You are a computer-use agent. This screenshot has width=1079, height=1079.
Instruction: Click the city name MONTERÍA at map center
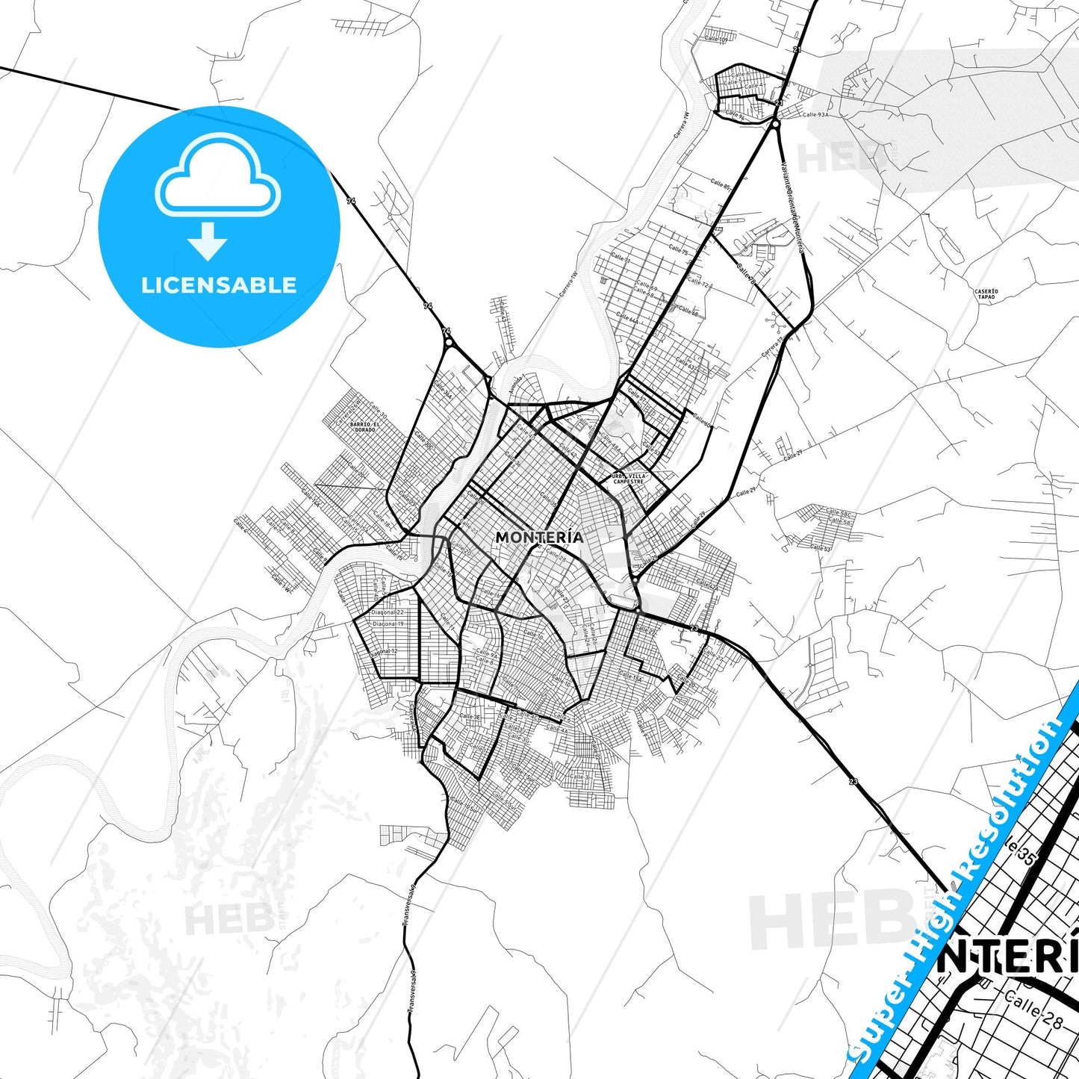click(539, 537)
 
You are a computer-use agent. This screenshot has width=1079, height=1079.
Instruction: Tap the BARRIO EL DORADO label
click(364, 427)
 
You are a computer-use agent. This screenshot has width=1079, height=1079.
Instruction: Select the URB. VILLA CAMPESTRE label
click(628, 479)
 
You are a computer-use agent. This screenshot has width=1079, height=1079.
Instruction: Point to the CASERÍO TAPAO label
click(986, 294)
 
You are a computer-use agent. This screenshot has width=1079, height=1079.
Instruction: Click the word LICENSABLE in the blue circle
click(219, 285)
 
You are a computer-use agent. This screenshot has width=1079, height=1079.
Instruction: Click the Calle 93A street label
click(815, 115)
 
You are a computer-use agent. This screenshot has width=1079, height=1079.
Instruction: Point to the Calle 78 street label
click(745, 273)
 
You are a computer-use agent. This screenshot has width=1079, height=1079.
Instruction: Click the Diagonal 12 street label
click(384, 652)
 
